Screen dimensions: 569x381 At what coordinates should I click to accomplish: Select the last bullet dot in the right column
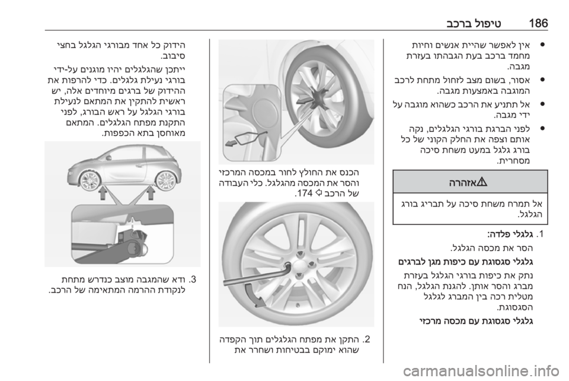[542, 128]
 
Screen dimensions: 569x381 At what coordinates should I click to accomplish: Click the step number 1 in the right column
[542, 233]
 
